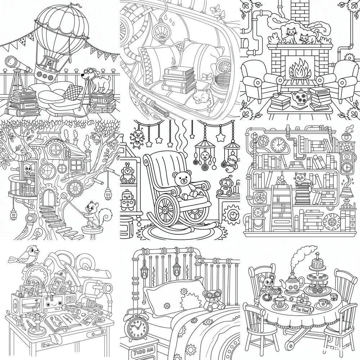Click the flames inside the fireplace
(299, 71)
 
